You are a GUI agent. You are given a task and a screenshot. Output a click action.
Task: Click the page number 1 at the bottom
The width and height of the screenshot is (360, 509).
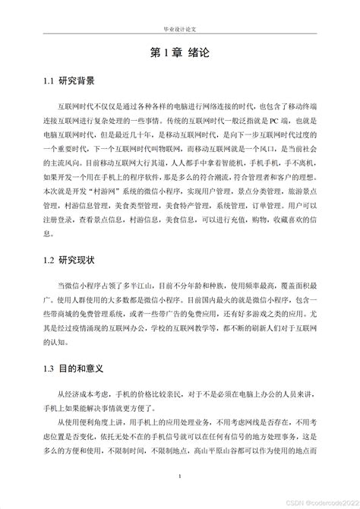(179, 476)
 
